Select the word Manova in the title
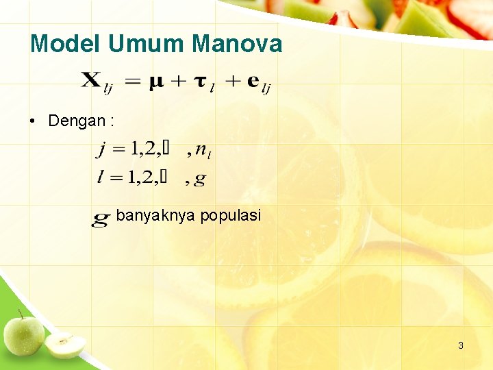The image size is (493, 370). click(238, 45)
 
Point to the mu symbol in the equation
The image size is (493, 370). click(157, 82)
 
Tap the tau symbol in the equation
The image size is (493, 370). click(201, 82)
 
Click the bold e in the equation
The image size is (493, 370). click(252, 81)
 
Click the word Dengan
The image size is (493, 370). click(77, 121)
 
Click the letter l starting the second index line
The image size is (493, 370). click(101, 177)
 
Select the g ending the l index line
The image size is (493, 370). click(200, 179)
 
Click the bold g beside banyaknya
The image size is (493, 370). click(101, 218)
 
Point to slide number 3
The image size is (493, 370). click(461, 345)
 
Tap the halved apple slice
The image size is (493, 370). click(65, 345)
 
